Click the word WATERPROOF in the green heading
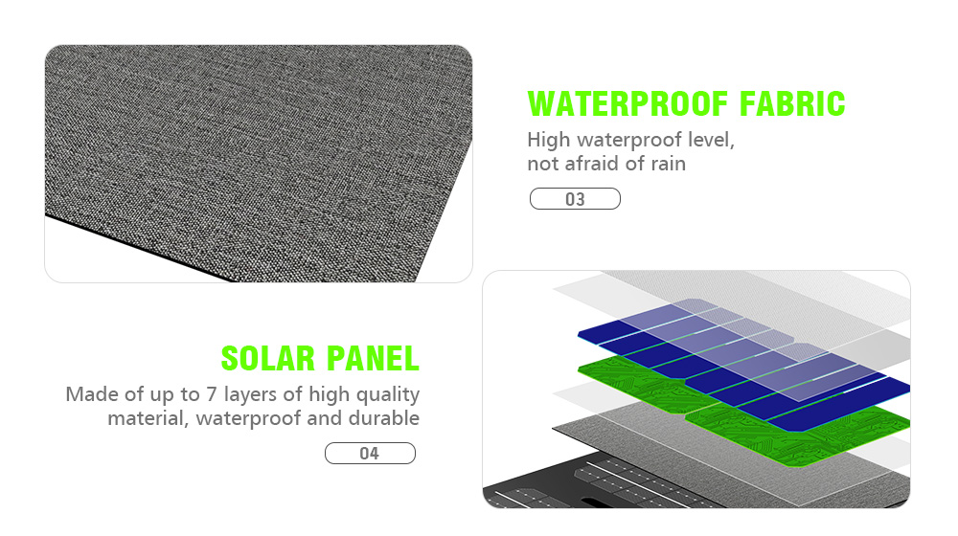coord(628,103)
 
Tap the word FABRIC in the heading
coord(792,103)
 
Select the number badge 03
coord(575,199)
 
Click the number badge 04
coord(370,454)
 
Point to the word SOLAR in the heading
coord(268,358)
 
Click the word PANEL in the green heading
coord(373,358)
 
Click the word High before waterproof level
coord(549,141)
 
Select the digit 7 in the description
coord(212,394)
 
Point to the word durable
coord(384,418)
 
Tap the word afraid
coord(592,164)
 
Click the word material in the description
coord(148,419)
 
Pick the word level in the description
coord(711,141)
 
